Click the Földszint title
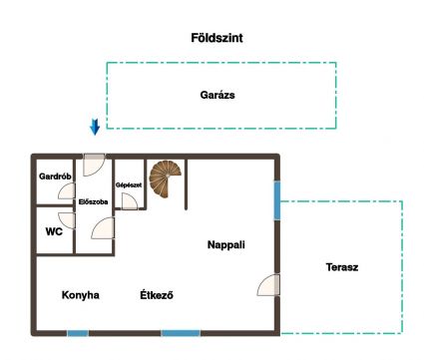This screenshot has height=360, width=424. [216, 38]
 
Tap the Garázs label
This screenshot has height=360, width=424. [217, 95]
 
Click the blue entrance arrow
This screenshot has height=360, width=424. [95, 127]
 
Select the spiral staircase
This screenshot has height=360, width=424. [165, 179]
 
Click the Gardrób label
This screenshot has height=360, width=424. [55, 177]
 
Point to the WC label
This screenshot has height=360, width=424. [54, 231]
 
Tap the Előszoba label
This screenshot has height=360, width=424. [93, 201]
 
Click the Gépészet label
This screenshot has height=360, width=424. [129, 184]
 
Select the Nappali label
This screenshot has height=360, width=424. [226, 244]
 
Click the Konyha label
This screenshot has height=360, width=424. [81, 295]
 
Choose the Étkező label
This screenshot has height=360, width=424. [157, 295]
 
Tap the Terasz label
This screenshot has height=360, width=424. [342, 267]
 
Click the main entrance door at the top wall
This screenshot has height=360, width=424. [94, 165]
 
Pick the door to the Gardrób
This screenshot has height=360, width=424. [67, 190]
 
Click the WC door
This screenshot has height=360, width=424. [67, 220]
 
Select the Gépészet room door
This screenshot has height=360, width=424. [130, 201]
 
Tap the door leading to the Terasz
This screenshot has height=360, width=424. [268, 285]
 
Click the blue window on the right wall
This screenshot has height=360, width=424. [277, 200]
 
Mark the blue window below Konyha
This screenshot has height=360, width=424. [78, 333]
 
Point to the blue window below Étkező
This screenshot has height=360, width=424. [181, 333]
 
